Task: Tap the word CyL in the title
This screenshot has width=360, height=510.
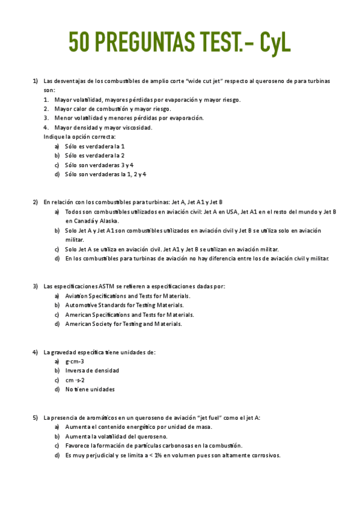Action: [273, 42]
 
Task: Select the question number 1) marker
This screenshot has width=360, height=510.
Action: [35, 81]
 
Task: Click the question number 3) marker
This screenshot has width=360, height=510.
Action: [35, 286]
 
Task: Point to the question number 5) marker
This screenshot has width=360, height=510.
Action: [35, 417]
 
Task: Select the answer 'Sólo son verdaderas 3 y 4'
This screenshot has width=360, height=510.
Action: [99, 165]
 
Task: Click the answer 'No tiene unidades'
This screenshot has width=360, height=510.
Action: [90, 389]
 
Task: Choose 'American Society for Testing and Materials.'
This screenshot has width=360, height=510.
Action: [123, 324]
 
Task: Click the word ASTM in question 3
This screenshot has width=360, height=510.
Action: [98, 286]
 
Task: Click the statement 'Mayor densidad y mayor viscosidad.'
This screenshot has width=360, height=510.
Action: [103, 127]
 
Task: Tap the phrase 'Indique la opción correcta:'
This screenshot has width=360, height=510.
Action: [79, 137]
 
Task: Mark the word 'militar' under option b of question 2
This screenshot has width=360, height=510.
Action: [75, 239]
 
